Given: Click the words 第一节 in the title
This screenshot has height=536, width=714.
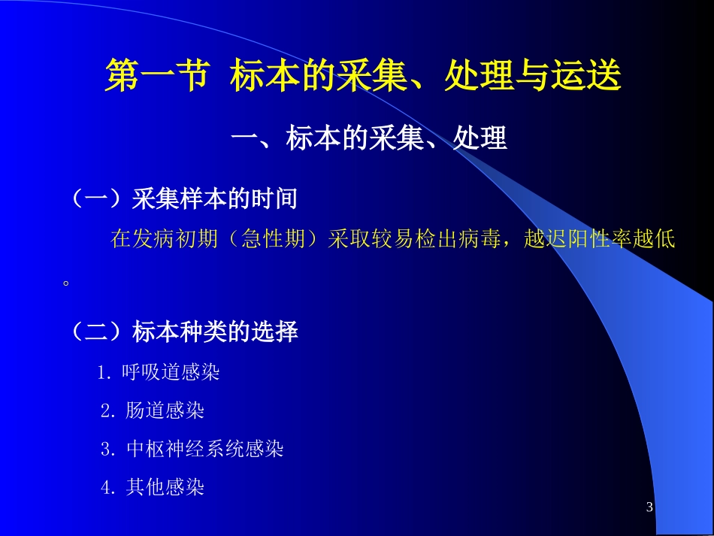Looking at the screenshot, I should coord(156,77).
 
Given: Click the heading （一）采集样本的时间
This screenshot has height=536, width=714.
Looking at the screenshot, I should coord(184,199).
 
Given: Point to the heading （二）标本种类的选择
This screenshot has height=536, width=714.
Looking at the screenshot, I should coord(184,332).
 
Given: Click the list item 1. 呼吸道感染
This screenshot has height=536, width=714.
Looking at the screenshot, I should coord(159,372).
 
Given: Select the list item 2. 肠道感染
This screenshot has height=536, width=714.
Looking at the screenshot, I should coord(153,410).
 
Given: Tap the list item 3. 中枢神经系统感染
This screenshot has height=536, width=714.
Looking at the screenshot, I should coord(192,450).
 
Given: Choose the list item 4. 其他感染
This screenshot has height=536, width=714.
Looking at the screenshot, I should coord(153,488).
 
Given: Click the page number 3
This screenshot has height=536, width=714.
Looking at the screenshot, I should coord(649,507).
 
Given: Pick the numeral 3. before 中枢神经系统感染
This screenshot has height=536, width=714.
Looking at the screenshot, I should coord(109,450).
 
